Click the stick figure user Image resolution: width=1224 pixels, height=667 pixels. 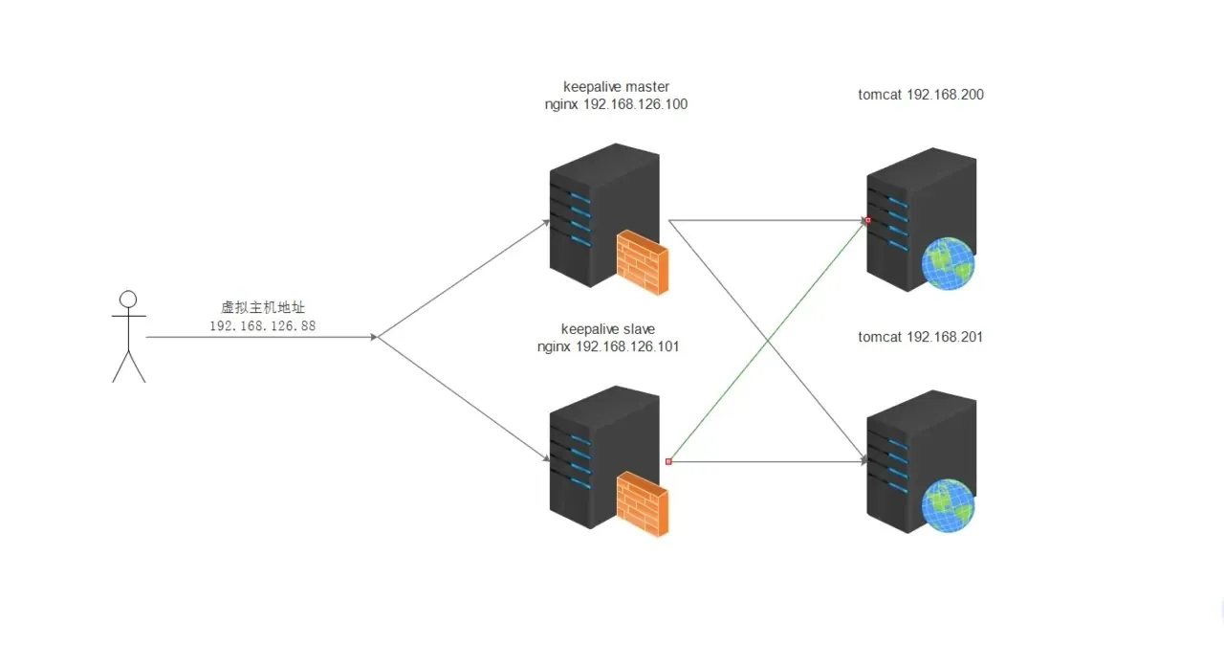(x=128, y=340)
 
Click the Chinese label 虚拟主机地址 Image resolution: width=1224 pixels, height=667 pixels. (x=262, y=307)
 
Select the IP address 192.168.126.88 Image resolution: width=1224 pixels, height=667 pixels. (x=262, y=326)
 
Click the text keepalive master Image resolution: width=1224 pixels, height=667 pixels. (x=616, y=86)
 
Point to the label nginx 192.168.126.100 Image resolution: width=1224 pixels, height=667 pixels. (x=616, y=104)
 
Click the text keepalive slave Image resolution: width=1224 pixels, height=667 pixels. (x=608, y=329)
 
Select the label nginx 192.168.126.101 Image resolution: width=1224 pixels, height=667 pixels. (x=608, y=346)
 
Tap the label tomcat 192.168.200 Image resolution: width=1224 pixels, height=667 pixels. (x=921, y=95)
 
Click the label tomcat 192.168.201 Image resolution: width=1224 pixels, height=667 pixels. (x=921, y=337)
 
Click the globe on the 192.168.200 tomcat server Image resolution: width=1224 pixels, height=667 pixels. (x=948, y=265)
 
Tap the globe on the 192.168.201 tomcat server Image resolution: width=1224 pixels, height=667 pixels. (x=948, y=506)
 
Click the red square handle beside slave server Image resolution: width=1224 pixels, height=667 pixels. (x=668, y=461)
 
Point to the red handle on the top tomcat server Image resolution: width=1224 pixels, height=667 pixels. (x=867, y=220)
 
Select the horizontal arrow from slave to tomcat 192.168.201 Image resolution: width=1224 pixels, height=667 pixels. (x=765, y=461)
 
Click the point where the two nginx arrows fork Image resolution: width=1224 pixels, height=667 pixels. (x=379, y=337)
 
